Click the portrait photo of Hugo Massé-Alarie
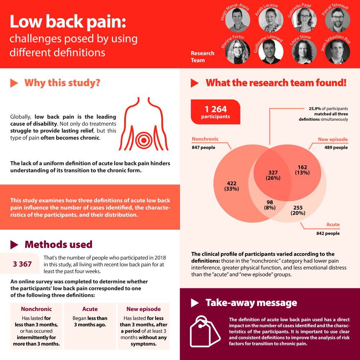point(238,20)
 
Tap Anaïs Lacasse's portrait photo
point(271,20)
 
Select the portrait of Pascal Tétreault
point(337,20)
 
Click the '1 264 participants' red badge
point(216,112)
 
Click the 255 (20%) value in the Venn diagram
point(298,210)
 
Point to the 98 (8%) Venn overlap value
point(270,204)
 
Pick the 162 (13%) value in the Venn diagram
point(302,170)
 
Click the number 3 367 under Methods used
point(22,264)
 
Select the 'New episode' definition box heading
point(144,309)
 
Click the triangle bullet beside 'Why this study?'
point(14,83)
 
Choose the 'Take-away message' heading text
point(251,303)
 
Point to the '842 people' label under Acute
point(328,233)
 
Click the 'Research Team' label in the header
point(202,57)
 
